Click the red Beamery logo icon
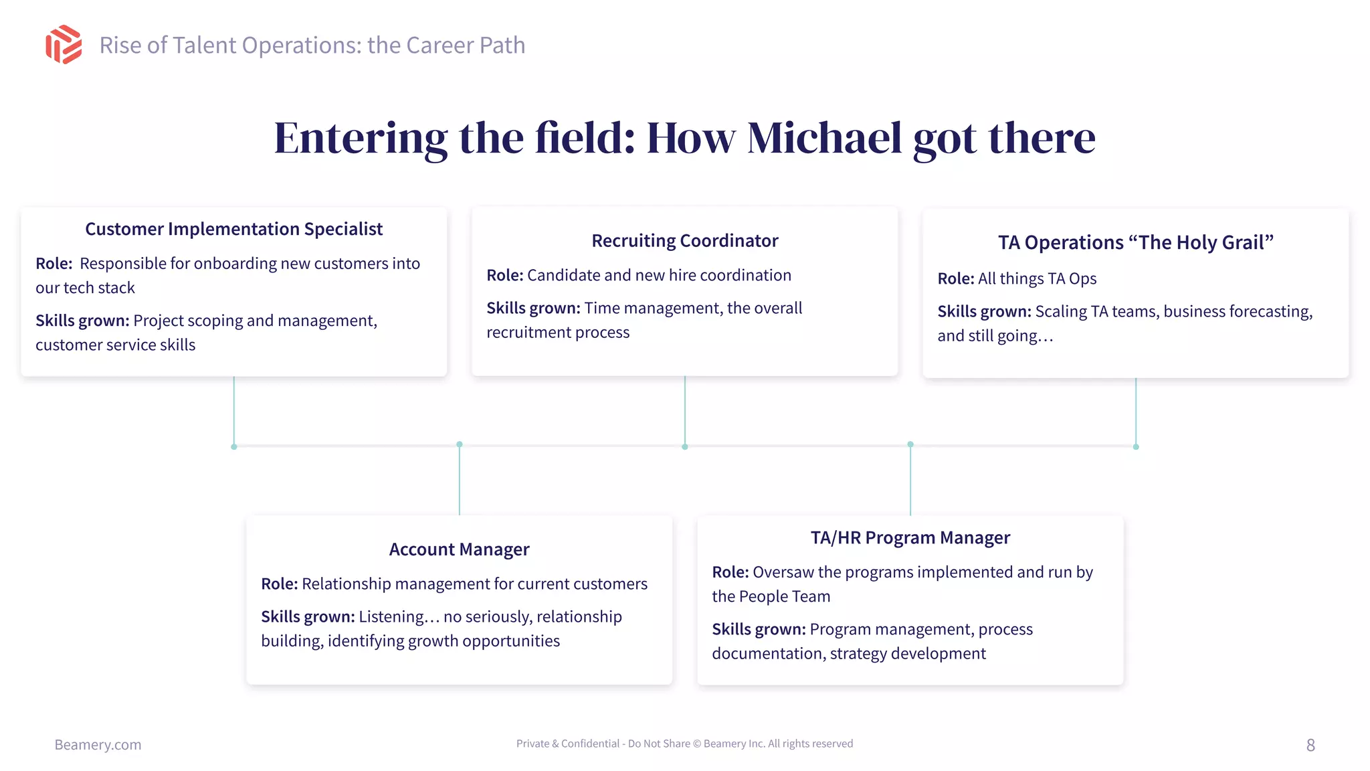[64, 45]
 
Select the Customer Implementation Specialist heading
[233, 229]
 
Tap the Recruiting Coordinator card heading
[684, 241]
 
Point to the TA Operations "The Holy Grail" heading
[1135, 242]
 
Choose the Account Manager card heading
[459, 549]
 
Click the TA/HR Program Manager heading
[910, 538]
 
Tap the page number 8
[1310, 745]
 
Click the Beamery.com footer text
[98, 745]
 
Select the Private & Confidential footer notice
[684, 744]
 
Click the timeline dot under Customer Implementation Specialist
[233, 446]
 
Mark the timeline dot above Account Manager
[460, 444]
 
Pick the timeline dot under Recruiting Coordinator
[684, 446]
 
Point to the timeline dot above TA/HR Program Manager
[910, 444]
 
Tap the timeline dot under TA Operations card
[1136, 446]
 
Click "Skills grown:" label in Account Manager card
[308, 616]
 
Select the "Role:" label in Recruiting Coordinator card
[504, 275]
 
